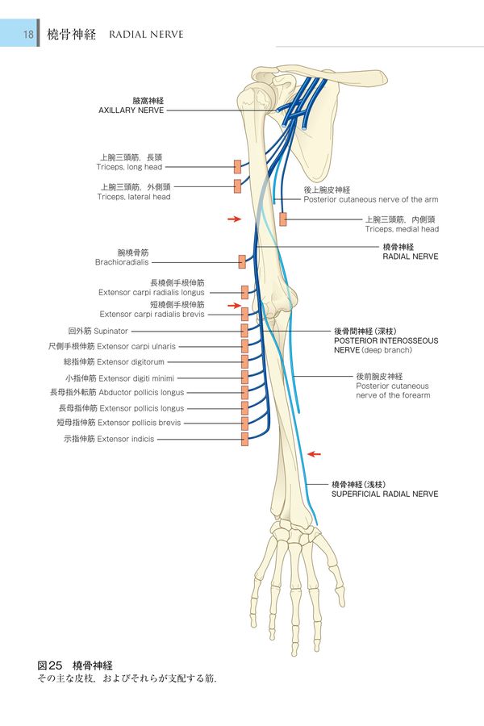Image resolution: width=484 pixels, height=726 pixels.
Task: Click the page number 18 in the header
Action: coord(28,35)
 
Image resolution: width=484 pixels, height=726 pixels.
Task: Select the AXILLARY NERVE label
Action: coord(131,110)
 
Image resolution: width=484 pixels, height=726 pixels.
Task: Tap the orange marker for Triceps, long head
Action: coord(237,166)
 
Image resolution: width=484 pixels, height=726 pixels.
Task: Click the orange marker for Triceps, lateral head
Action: coord(237,186)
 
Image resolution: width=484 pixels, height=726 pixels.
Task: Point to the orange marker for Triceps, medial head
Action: coord(283,219)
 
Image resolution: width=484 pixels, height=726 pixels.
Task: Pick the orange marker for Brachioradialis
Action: coord(241,261)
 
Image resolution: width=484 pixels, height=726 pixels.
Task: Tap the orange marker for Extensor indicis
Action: coord(244,439)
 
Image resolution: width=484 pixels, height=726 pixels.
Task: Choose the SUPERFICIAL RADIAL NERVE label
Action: coord(385,494)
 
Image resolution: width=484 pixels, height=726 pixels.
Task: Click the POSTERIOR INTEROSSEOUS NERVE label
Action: coord(386,340)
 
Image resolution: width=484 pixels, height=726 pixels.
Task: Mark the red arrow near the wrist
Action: coord(315,454)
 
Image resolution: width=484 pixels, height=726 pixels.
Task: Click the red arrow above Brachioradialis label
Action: coord(234,219)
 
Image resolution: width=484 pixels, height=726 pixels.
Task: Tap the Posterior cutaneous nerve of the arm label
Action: coord(370,198)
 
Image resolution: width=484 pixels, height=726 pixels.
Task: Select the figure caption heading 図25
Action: coord(49,665)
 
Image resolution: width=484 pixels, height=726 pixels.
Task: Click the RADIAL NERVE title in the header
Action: coord(145,35)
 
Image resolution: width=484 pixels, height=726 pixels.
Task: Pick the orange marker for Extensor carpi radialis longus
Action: coord(244,292)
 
